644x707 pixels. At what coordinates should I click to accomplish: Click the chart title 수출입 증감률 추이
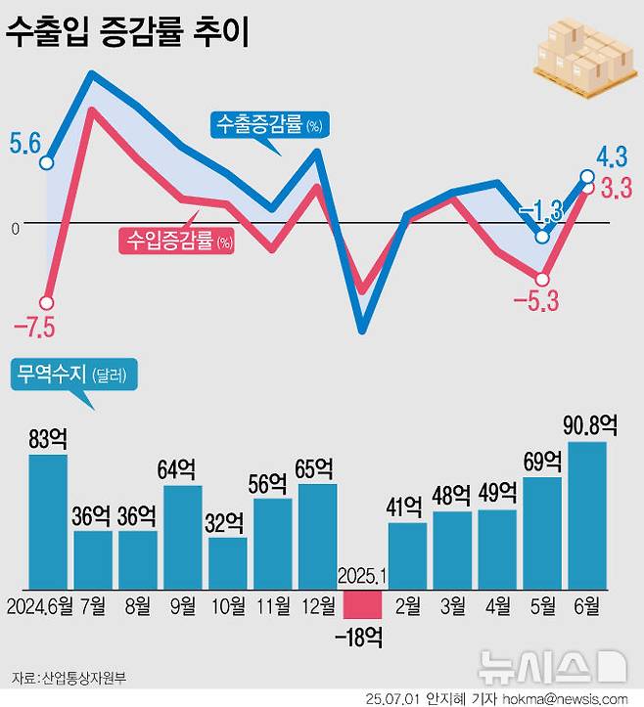click(127, 34)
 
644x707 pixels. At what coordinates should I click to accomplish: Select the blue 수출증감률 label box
click(268, 124)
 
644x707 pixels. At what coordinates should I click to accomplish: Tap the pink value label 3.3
click(615, 188)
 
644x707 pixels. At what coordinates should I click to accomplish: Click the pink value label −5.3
click(535, 300)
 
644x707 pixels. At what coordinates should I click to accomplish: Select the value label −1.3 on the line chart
click(539, 210)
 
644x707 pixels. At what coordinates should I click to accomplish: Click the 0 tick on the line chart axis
click(15, 228)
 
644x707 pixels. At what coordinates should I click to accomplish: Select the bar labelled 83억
click(48, 520)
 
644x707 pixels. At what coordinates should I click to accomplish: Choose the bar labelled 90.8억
click(587, 515)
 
